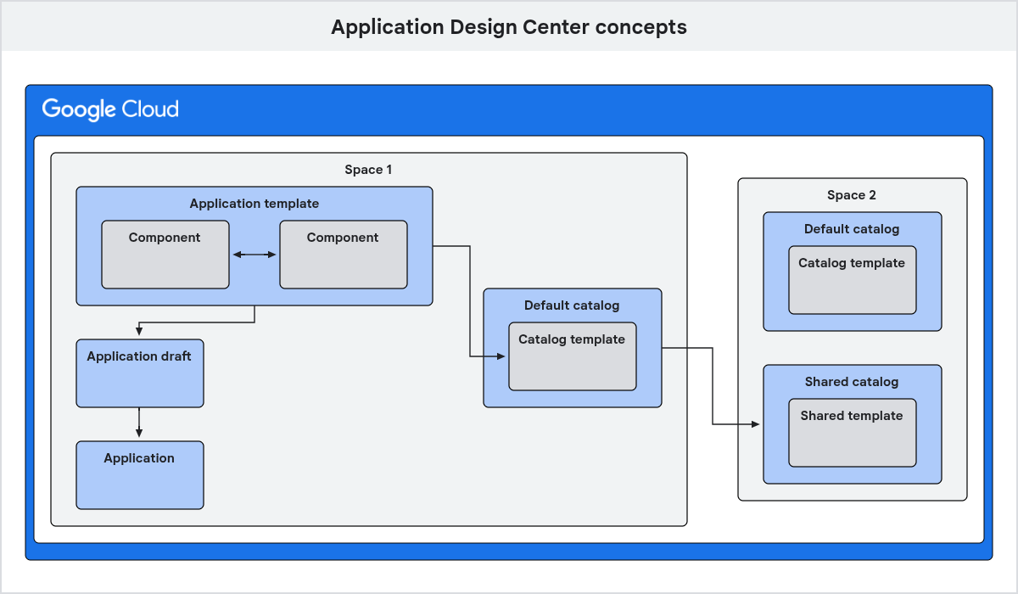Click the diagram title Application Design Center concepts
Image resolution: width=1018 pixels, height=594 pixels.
coord(508,27)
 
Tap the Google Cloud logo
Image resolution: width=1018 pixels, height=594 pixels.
coord(110,109)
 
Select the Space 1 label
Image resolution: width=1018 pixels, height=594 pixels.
coord(368,170)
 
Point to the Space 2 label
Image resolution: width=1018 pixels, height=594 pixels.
coord(852,195)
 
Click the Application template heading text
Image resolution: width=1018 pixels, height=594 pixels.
coord(255,204)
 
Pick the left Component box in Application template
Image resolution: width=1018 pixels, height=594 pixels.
coord(165,255)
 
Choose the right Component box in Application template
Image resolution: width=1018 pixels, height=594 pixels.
coord(343,255)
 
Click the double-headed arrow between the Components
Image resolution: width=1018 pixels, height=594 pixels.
coord(255,255)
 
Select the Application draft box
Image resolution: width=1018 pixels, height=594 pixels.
coord(139,373)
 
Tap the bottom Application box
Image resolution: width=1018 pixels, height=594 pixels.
coord(139,475)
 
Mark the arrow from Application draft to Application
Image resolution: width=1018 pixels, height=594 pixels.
coord(139,423)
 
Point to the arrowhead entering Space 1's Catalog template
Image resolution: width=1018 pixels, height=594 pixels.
coord(502,356)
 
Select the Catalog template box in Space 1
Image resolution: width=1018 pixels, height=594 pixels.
coord(572,356)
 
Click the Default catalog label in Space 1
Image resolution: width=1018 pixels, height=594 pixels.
coord(572,305)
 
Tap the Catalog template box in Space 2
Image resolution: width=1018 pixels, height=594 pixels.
coord(852,280)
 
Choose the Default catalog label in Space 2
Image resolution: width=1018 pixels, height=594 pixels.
coord(852,229)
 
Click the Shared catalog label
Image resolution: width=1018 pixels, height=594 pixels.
coord(852,382)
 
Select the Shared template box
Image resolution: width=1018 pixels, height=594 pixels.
coord(852,433)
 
